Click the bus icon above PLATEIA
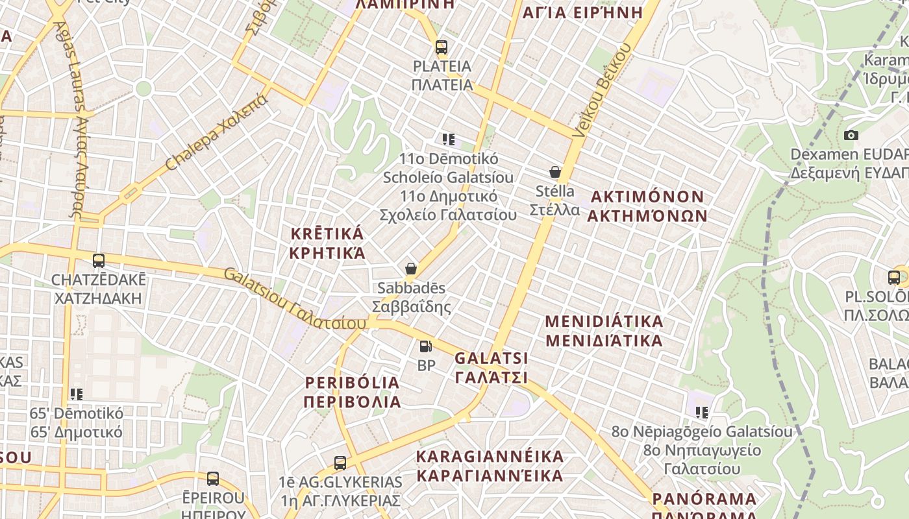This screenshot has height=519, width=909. point(442,47)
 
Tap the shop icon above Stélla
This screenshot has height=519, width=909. point(555,172)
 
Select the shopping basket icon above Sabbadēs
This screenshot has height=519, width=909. point(411,269)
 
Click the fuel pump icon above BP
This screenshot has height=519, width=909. point(426,347)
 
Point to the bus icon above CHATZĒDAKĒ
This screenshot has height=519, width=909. point(99,261)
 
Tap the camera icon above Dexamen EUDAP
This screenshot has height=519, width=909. point(851,135)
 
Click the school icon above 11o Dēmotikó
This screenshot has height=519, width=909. point(448,139)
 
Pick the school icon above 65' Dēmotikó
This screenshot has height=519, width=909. point(77,394)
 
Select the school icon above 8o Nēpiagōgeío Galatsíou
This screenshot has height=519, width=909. point(701,412)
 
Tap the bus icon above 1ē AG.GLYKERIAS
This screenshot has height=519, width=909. point(340,463)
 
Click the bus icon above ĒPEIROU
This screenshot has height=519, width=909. point(213,479)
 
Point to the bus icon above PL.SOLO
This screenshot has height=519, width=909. point(894,278)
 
